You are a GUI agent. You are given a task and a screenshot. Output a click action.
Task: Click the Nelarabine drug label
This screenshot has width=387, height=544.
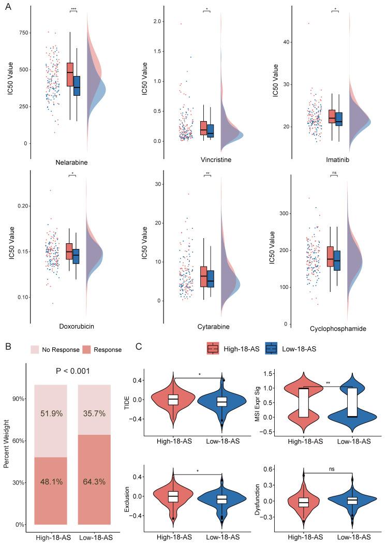71,162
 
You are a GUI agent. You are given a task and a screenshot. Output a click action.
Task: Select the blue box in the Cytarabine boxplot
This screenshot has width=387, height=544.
210,278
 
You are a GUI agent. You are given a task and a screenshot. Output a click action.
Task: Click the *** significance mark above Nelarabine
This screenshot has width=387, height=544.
73,9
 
